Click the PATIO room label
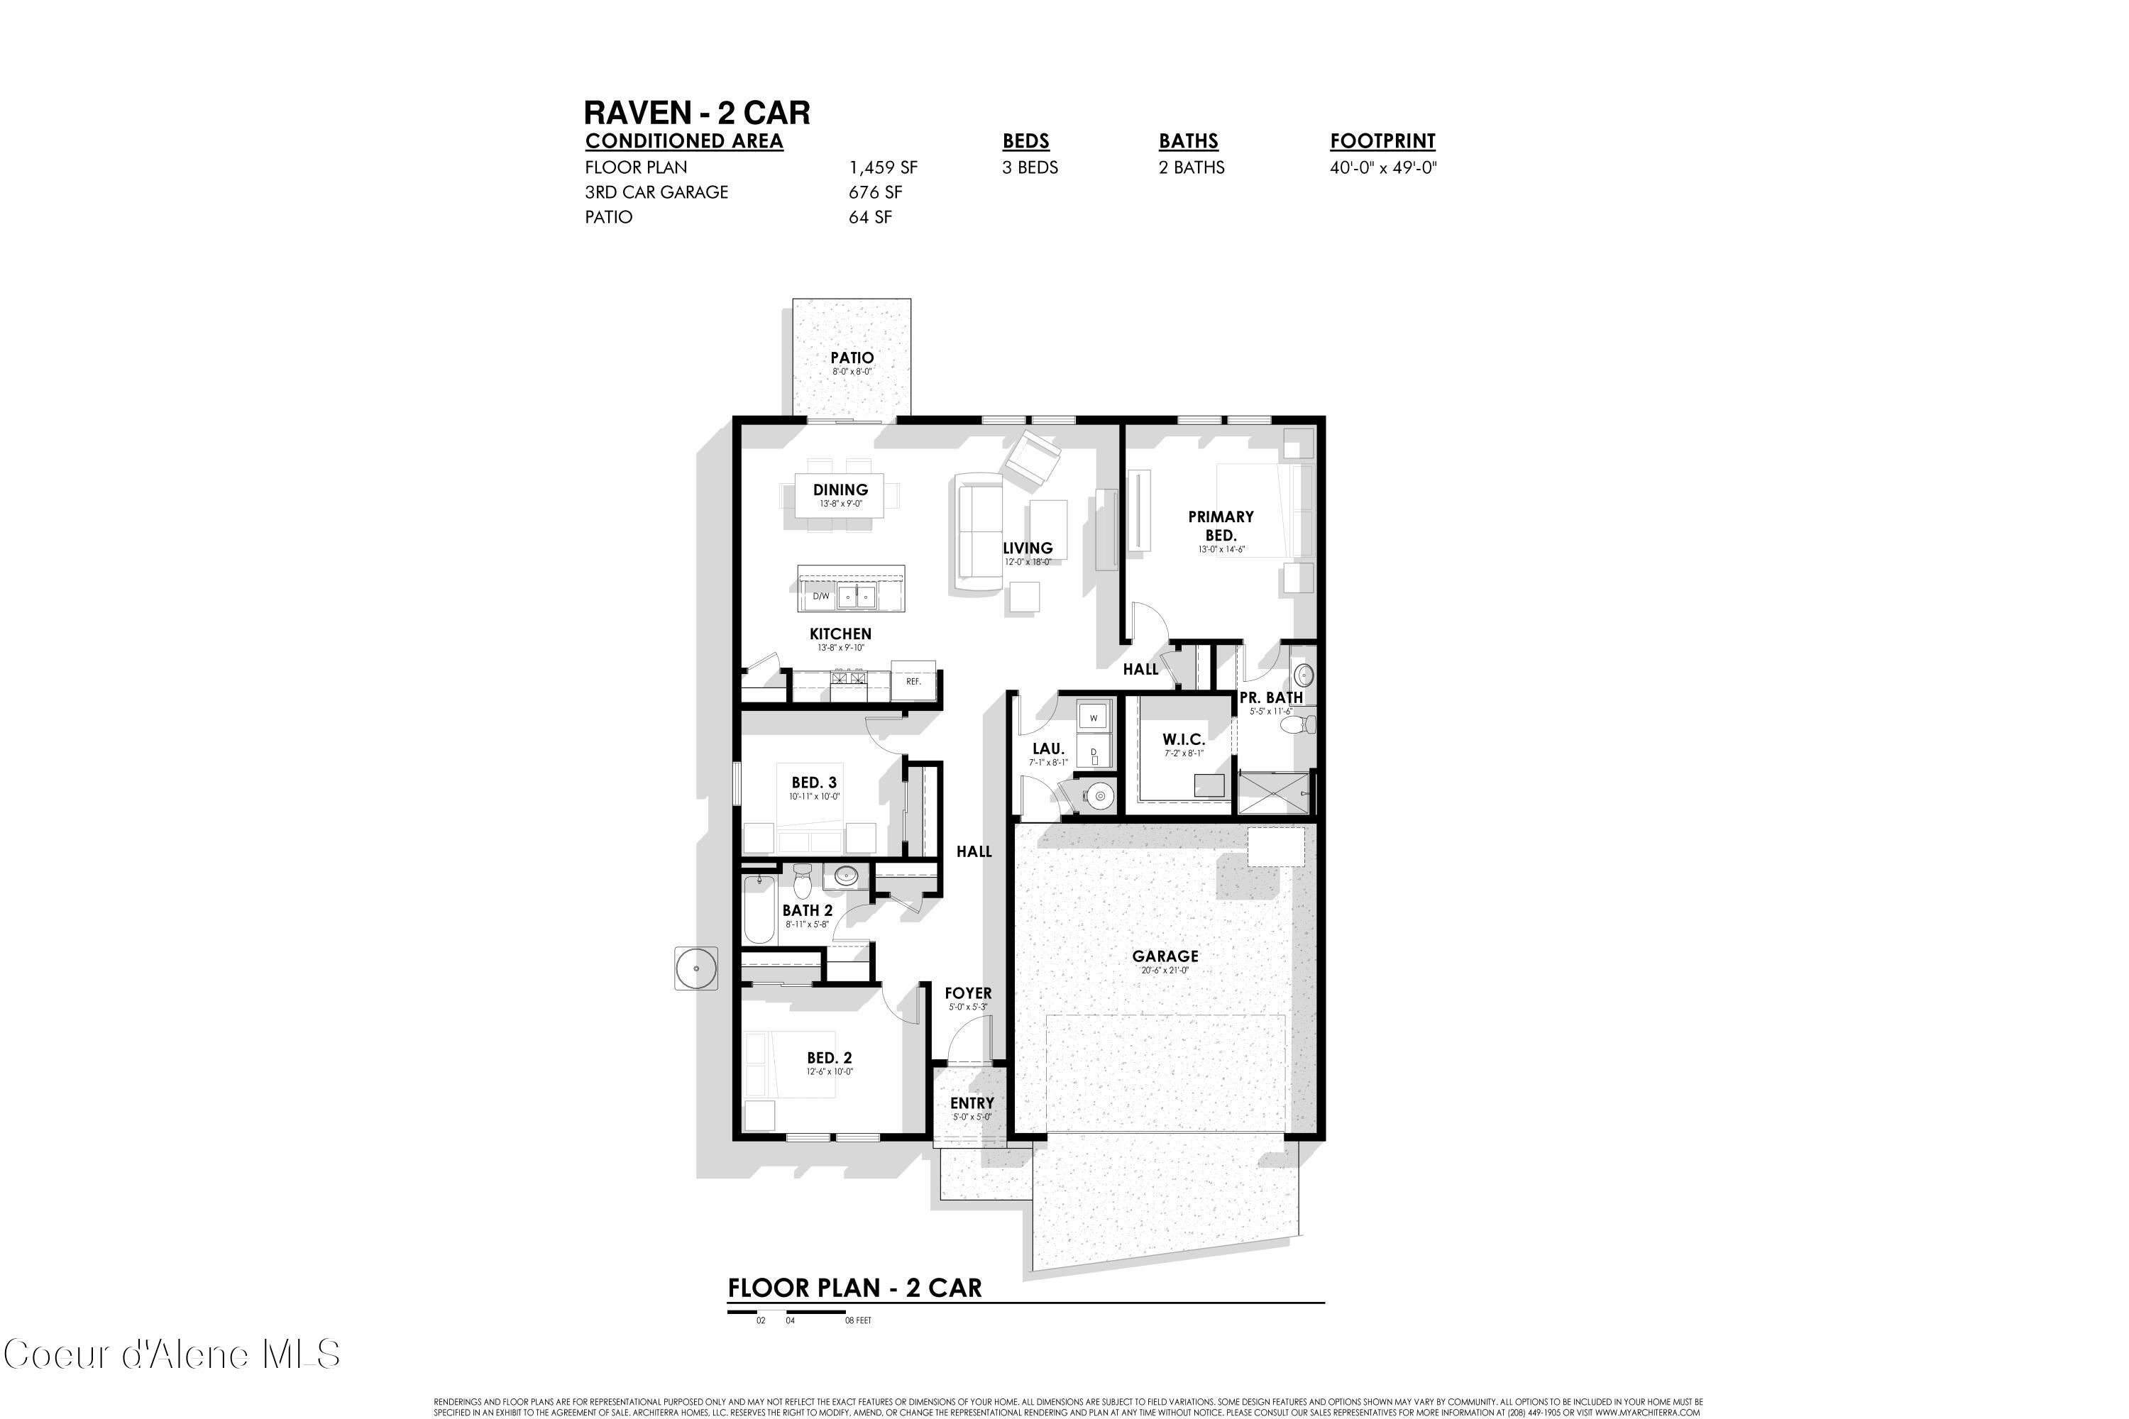852,358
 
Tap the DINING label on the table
840,490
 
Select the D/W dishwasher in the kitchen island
820,597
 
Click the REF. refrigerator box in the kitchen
913,680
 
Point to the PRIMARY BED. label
1220,525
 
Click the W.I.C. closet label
1183,739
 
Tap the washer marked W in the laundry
1094,717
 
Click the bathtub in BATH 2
759,910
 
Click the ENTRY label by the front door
972,1103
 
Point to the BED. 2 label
829,1057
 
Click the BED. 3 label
814,782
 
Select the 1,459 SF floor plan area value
883,167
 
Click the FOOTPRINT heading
1382,141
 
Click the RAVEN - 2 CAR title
697,113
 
